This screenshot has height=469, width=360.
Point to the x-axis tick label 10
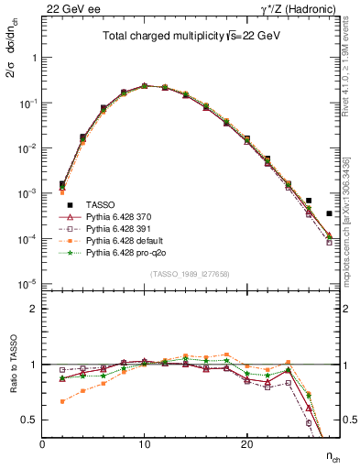point(144,444)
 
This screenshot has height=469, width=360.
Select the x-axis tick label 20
point(246,444)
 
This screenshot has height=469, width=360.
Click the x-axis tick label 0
point(42,444)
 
